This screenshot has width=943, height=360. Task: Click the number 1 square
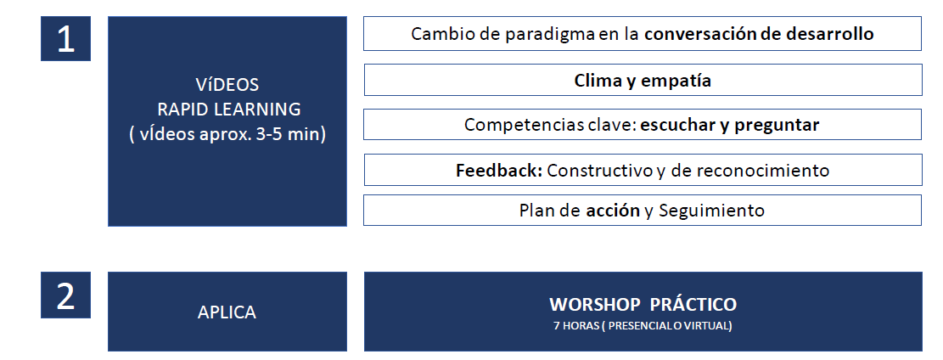65,38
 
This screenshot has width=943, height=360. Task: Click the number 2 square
65,295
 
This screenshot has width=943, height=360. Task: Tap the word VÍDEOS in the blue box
227,85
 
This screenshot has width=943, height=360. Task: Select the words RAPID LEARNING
229,110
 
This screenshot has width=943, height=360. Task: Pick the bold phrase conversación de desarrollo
759,34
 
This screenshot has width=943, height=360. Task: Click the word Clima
598,80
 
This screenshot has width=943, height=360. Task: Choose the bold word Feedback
499,171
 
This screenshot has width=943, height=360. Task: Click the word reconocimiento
762,171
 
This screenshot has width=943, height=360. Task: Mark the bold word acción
613,210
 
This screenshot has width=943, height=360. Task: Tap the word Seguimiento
711,211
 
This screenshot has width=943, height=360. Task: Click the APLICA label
227,312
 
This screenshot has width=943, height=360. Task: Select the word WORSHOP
595,305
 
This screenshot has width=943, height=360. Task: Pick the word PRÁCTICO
693,304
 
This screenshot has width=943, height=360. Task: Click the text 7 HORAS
576,326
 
